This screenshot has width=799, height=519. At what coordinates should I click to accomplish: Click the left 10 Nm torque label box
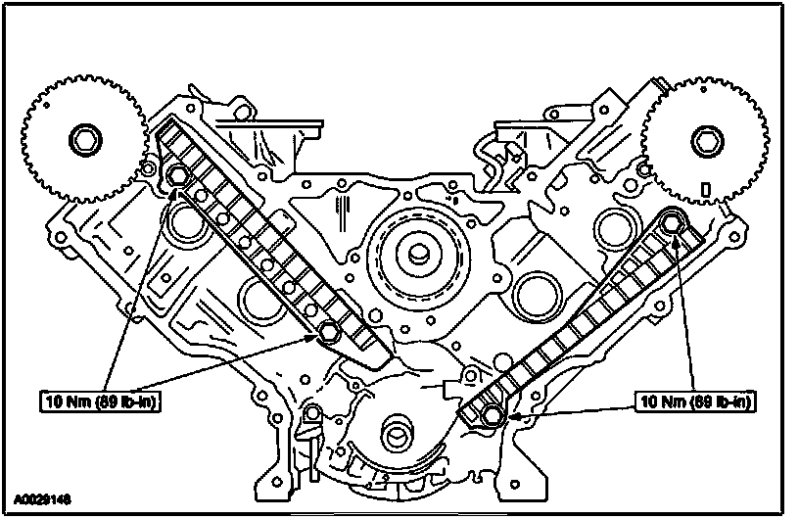[101, 401]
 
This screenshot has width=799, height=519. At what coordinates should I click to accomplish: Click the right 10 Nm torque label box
[695, 401]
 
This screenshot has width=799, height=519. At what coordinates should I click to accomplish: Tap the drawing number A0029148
[42, 498]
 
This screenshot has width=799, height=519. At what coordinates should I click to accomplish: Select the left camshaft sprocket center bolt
[85, 140]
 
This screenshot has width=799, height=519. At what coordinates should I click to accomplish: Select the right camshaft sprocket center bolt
[708, 141]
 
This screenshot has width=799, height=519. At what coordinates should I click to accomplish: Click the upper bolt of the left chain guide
[177, 176]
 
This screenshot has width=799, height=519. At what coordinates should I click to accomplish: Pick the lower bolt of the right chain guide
[492, 414]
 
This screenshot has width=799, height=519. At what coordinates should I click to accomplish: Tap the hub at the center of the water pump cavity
[419, 254]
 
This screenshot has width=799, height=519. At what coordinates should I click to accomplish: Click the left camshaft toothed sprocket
[85, 139]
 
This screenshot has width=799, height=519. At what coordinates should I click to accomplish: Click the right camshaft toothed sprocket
[707, 140]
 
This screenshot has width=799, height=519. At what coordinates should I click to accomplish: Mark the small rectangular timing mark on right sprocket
[706, 189]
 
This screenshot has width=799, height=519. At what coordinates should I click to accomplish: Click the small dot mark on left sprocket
[46, 106]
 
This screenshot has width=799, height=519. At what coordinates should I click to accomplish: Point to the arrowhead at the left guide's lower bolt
[313, 337]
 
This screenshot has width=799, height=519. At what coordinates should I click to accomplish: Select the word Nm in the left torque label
[80, 401]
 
